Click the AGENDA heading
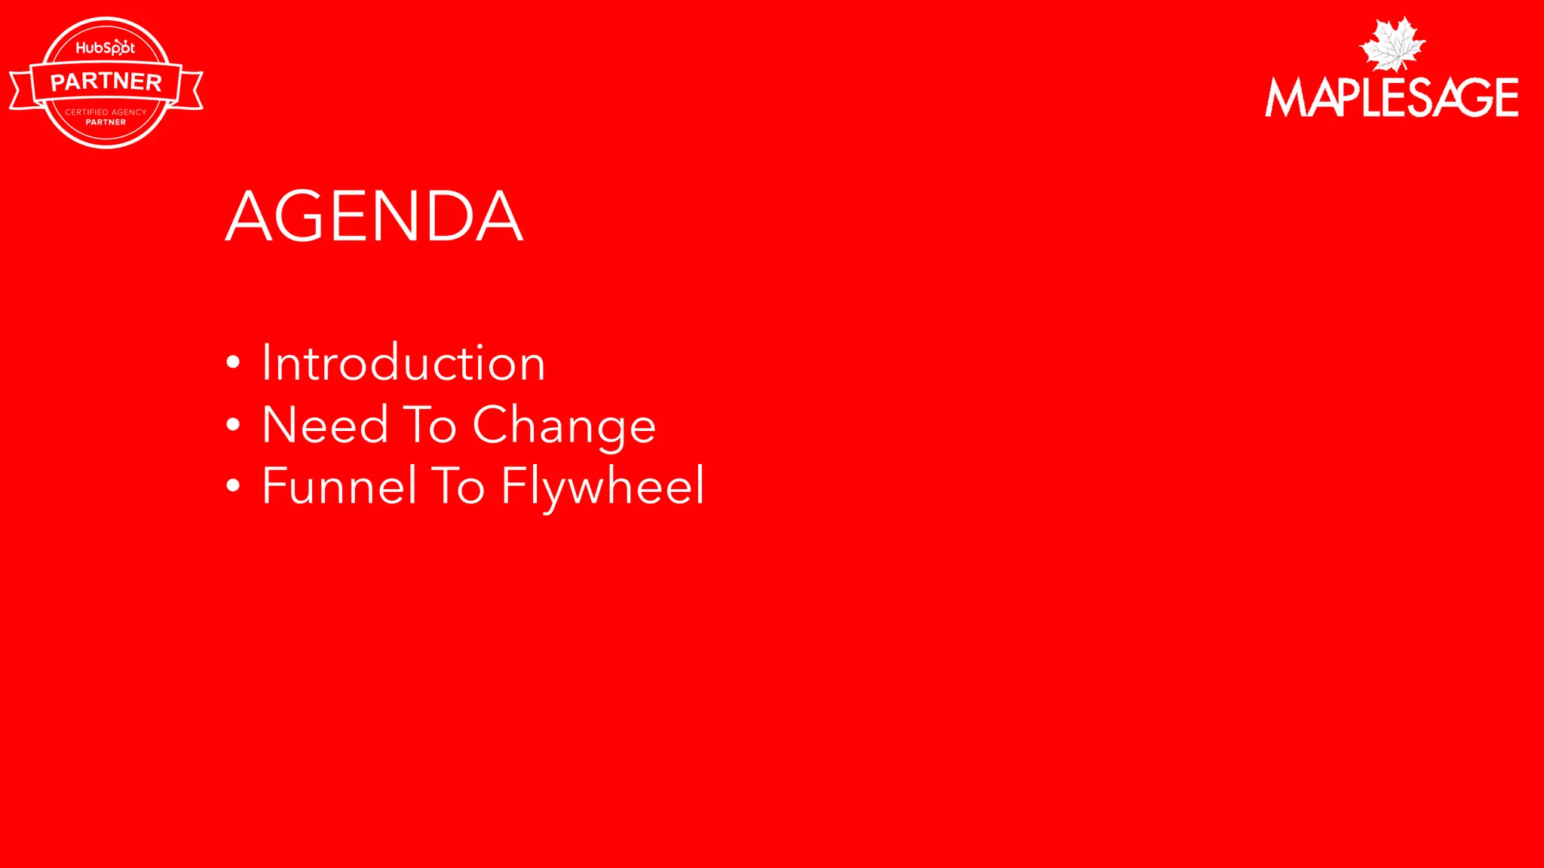[x=374, y=216]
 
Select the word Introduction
[x=403, y=363]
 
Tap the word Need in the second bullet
[x=325, y=425]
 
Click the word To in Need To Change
[x=430, y=425]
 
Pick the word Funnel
[x=339, y=486]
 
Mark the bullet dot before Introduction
[x=233, y=363]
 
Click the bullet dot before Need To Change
[x=233, y=425]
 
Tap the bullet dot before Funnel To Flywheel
[x=233, y=486]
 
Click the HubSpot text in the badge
[x=106, y=48]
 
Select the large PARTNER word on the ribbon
[x=106, y=81]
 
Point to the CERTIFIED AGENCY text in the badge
[x=106, y=112]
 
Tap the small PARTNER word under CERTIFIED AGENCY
[x=106, y=122]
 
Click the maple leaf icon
[x=1392, y=44]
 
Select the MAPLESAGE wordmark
[x=1392, y=97]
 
